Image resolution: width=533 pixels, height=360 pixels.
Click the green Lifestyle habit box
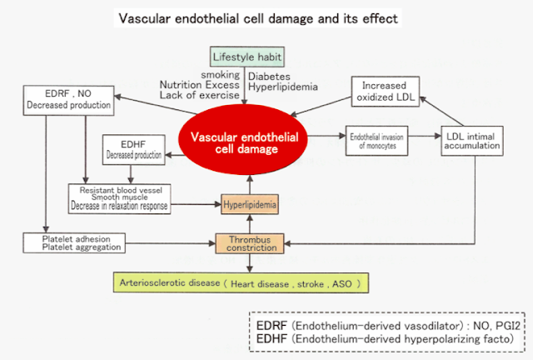[x=247, y=57]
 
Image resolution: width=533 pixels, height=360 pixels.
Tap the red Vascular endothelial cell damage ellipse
[x=243, y=140]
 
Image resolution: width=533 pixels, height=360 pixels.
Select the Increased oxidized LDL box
[x=385, y=92]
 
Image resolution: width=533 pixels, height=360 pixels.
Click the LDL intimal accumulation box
[x=472, y=141]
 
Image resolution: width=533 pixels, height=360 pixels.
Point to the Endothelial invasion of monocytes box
[x=376, y=141]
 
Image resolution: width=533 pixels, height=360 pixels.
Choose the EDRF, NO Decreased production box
[x=68, y=100]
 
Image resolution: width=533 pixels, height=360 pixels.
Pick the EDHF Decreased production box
[x=134, y=150]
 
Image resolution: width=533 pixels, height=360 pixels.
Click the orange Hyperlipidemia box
[x=250, y=204]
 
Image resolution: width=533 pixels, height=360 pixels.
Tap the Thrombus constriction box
[x=250, y=243]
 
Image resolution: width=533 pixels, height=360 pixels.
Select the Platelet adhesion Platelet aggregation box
[x=74, y=243]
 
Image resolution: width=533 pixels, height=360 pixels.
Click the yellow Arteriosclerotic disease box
[x=241, y=282]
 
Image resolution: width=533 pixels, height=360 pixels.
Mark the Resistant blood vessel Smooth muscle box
[x=119, y=198]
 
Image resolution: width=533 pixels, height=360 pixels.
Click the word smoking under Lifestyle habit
[x=220, y=74]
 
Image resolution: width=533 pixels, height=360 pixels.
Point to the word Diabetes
[x=269, y=76]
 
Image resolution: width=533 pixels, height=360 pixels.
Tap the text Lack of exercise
[x=200, y=95]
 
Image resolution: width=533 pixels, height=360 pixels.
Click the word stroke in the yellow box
[x=311, y=284]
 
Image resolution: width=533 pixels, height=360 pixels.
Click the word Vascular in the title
[x=144, y=18]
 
